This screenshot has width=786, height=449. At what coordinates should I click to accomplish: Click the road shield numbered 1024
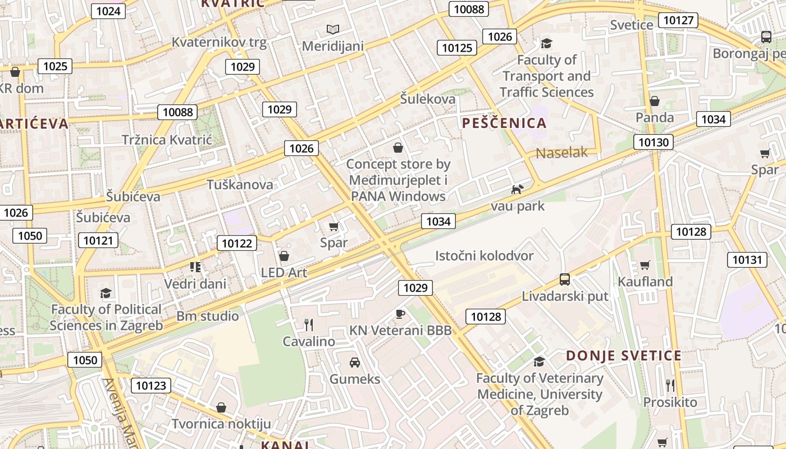[108, 11]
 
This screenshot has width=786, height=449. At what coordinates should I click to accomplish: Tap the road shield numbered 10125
[457, 48]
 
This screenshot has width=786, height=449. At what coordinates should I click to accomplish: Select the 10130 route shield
[654, 142]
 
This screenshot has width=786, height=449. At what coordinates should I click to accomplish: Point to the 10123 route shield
[151, 386]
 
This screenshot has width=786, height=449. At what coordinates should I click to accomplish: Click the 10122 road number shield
[237, 243]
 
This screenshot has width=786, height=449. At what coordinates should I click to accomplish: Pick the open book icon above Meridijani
[333, 29]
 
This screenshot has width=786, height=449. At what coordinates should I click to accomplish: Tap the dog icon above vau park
[517, 189]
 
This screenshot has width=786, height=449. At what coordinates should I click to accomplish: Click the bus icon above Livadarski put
[565, 279]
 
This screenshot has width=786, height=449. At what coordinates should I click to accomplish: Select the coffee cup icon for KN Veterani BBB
[400, 314]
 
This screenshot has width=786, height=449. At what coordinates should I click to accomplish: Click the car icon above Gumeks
[355, 362]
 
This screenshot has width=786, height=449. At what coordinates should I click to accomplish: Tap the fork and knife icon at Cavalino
[308, 324]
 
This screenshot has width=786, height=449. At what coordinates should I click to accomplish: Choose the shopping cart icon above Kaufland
[645, 265]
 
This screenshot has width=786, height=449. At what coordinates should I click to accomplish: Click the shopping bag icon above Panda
[655, 101]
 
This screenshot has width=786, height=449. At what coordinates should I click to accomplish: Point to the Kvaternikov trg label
[219, 42]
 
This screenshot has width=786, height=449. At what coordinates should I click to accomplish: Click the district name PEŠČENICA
[504, 123]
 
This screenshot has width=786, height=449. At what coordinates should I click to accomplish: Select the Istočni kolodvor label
[484, 256]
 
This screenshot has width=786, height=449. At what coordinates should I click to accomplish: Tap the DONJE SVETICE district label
[623, 356]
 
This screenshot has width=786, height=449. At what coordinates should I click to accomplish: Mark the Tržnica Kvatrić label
[167, 140]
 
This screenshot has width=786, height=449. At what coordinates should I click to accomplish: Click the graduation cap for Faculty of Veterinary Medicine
[539, 361]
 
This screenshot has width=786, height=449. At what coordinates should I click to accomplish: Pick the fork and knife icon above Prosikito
[670, 385]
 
